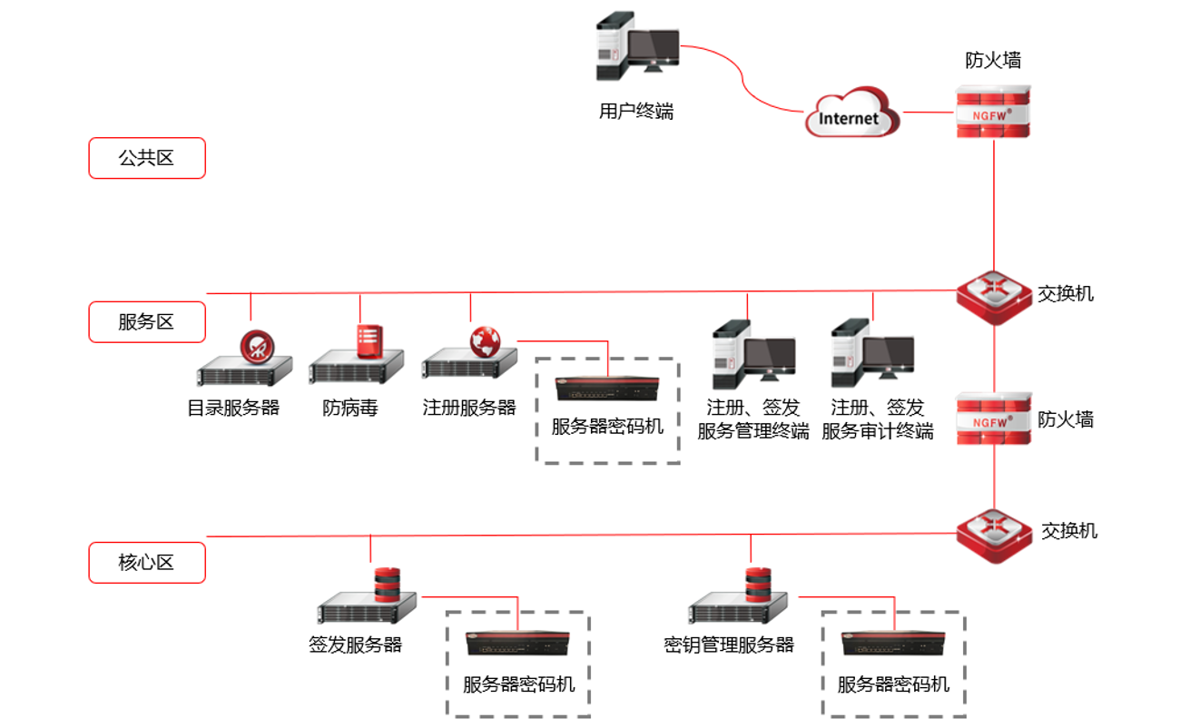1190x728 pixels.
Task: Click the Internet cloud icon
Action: tap(851, 113)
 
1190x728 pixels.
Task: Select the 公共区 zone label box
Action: tap(147, 159)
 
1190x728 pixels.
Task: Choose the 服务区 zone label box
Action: tap(147, 322)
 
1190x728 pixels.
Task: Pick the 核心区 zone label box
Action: tap(147, 563)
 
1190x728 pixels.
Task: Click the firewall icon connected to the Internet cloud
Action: tap(994, 111)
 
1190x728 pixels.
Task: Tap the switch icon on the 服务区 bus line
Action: tap(995, 291)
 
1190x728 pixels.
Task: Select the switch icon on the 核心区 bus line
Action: tap(995, 530)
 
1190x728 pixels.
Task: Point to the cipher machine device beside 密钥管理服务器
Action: tap(893, 644)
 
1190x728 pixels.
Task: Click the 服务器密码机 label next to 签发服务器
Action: tap(518, 684)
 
